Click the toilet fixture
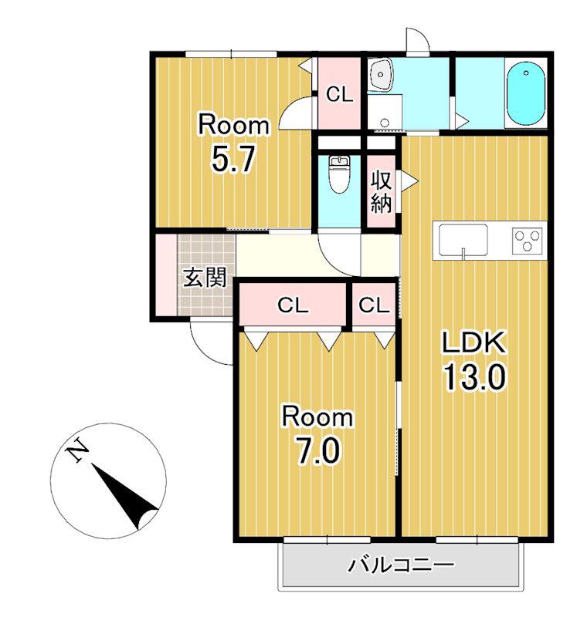click(x=339, y=174)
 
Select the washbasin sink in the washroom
click(x=379, y=74)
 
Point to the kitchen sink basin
click(x=463, y=240)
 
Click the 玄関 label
click(x=205, y=278)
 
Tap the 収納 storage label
click(x=381, y=192)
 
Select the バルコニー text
click(x=401, y=565)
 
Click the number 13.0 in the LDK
click(x=474, y=376)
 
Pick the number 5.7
click(x=234, y=159)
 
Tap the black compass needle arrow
click(x=124, y=496)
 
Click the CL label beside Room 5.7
click(x=340, y=94)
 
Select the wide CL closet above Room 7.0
click(x=293, y=305)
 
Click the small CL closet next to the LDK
click(x=374, y=305)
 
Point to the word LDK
click(x=474, y=342)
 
